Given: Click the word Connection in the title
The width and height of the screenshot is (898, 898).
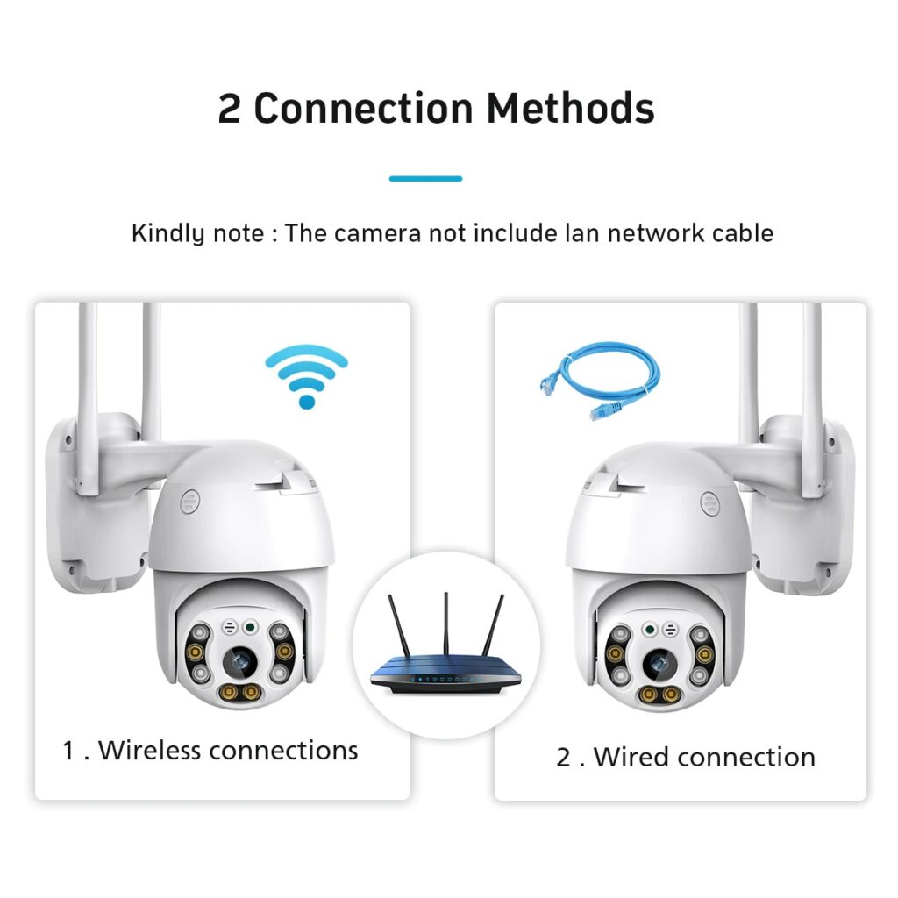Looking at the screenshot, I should pyautogui.click(x=363, y=109).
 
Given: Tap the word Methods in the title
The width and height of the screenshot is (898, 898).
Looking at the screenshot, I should pyautogui.click(x=571, y=109).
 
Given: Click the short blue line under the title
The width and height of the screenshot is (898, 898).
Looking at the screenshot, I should pyautogui.click(x=425, y=179).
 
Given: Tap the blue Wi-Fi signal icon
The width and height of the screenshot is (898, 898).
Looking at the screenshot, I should pyautogui.click(x=306, y=376).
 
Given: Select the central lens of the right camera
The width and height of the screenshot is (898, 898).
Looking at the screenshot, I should pyautogui.click(x=657, y=663).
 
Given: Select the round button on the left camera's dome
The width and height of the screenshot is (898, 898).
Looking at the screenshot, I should pyautogui.click(x=189, y=502).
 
